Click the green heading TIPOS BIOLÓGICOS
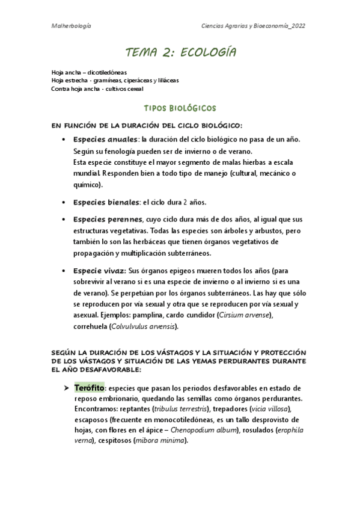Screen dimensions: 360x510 [x=180, y=108]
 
